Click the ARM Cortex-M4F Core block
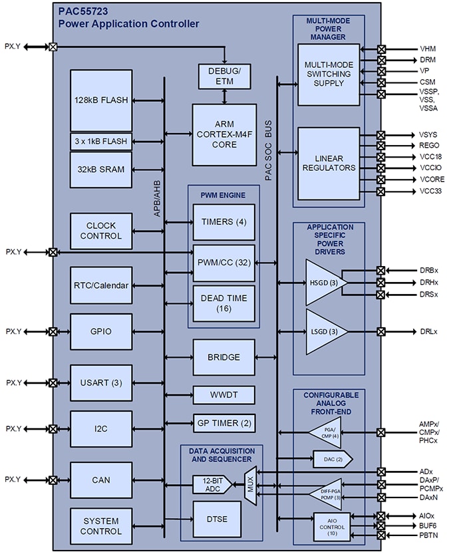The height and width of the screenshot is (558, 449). (x=224, y=135)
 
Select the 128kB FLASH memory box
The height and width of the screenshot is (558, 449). (x=101, y=100)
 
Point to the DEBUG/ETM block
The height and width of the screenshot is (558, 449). (x=224, y=76)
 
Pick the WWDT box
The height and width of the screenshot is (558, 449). (x=224, y=395)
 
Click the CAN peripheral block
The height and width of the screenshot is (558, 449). (x=101, y=480)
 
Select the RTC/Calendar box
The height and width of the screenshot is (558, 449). (x=101, y=287)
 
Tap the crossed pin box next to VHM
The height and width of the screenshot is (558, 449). (x=381, y=49)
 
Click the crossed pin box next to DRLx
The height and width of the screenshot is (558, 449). (x=381, y=331)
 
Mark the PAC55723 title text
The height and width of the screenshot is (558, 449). (x=84, y=11)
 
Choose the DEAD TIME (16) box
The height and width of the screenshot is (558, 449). (x=224, y=303)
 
